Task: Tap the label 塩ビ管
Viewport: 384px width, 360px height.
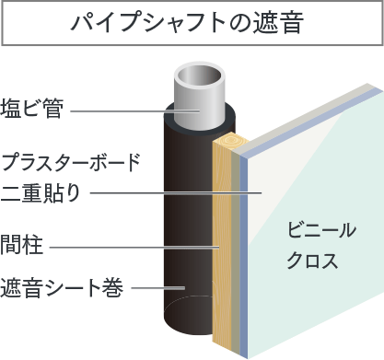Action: click(32, 109)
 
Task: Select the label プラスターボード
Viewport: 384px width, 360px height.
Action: click(71, 164)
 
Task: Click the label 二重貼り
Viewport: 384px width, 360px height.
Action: click(41, 192)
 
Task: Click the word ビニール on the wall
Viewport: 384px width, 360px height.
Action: click(320, 229)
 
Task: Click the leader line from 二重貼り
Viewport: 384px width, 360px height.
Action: click(175, 192)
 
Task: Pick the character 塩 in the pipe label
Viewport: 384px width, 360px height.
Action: click(12, 109)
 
